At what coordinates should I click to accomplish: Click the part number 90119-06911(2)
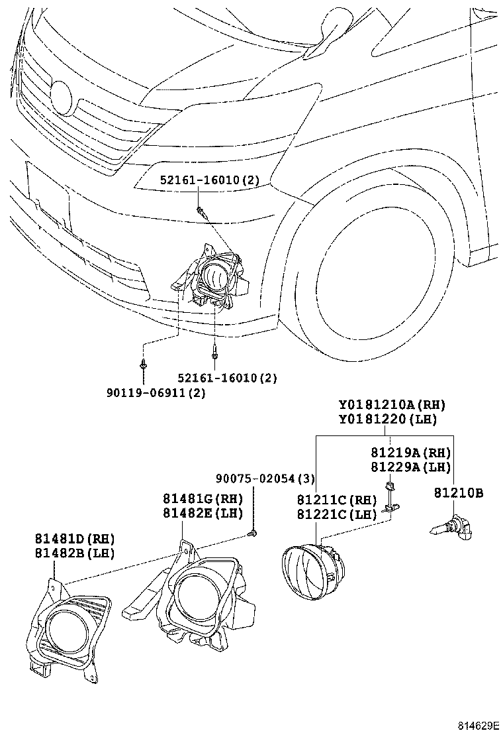156,393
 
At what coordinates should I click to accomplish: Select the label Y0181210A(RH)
392,405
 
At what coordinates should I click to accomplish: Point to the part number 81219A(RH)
410,453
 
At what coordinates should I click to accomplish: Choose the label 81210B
459,492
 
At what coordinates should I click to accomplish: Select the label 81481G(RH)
203,498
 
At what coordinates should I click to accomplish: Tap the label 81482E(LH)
203,512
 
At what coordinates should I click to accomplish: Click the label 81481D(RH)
75,538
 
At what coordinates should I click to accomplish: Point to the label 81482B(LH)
75,552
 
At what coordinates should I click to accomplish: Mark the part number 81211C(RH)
336,499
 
